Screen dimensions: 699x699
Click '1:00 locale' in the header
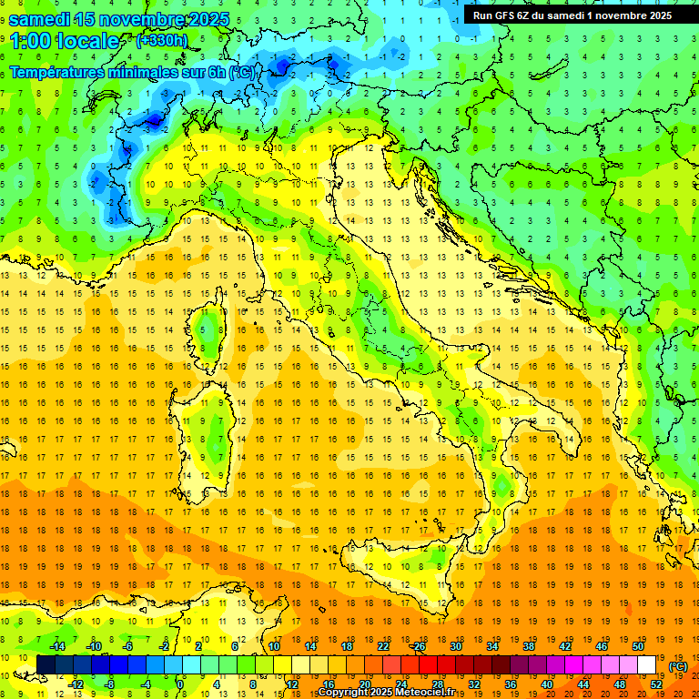click(x=65, y=41)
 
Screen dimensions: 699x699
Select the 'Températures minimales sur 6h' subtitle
click(x=118, y=72)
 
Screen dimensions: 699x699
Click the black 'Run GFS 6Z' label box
click(x=572, y=15)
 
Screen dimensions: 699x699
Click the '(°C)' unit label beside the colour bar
click(x=678, y=666)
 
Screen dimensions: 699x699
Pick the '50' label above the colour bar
click(x=637, y=646)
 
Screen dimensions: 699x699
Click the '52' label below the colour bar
click(x=655, y=684)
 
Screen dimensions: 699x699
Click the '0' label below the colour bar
click(x=181, y=684)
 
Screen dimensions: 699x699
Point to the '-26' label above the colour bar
click(x=419, y=646)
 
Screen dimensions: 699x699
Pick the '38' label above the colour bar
click(x=528, y=646)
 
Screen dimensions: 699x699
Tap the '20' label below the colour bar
click(x=364, y=684)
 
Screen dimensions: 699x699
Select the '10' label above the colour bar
click(x=274, y=646)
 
